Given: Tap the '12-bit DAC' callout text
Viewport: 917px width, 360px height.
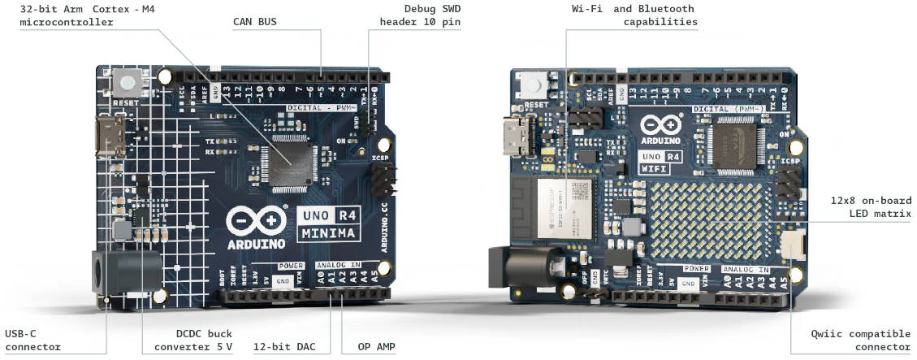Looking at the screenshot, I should tap(283, 347).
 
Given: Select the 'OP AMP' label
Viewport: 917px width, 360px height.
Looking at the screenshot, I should tap(377, 347).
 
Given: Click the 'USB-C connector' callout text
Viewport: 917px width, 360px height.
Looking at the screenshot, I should tap(32, 340).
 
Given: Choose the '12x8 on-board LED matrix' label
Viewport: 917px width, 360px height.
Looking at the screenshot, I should tap(871, 207).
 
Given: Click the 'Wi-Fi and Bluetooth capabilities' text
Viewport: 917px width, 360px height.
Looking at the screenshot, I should tap(634, 15).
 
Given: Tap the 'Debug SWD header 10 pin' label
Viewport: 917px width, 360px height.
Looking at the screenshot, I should tap(421, 15).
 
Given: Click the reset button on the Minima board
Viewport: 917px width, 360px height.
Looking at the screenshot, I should tap(127, 82).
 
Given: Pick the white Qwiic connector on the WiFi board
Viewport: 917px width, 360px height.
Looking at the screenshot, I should tap(791, 243).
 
